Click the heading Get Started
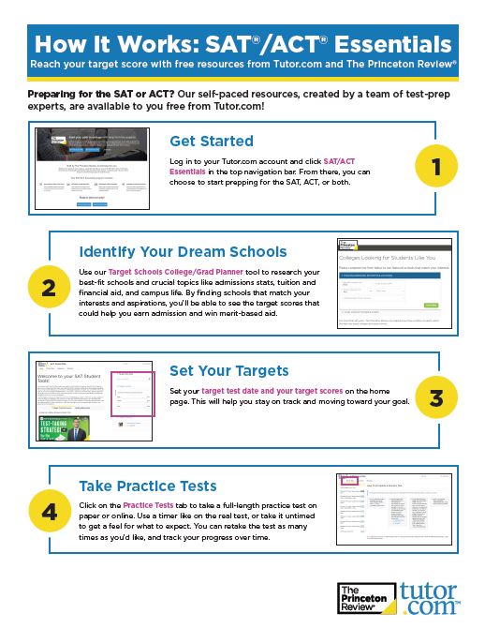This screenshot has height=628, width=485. point(212,141)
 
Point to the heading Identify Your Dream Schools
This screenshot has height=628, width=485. point(183,251)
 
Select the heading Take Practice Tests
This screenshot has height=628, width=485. point(148,486)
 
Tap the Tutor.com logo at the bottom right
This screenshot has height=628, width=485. point(429,597)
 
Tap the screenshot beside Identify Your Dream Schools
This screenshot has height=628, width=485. point(388,283)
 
